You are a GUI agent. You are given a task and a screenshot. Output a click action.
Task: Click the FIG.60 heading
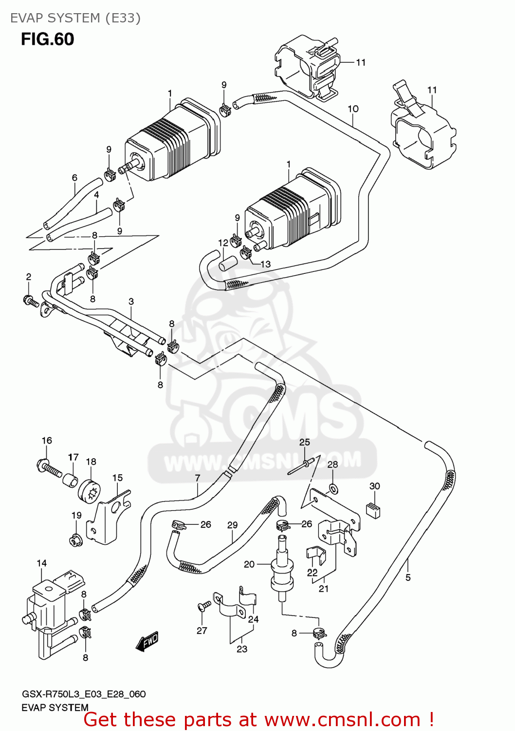(47, 39)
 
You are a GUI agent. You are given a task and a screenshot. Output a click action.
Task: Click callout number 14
(42, 563)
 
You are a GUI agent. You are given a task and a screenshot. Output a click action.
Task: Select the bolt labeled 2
(31, 301)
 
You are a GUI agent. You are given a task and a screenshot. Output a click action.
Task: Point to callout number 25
(304, 442)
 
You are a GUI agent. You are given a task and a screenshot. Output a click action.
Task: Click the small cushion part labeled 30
(373, 509)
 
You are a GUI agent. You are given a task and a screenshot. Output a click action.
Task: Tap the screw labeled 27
(205, 606)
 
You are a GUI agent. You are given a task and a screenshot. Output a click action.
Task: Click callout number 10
(353, 109)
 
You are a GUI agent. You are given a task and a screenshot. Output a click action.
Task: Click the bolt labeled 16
(49, 467)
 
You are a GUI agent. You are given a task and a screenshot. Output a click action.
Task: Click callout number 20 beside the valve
(249, 564)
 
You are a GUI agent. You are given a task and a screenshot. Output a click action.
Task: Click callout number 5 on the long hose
(408, 577)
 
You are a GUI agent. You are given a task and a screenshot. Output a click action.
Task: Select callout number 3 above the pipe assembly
(131, 302)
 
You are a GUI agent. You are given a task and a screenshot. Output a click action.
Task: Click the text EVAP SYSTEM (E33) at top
(75, 18)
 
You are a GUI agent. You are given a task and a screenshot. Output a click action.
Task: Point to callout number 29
(232, 525)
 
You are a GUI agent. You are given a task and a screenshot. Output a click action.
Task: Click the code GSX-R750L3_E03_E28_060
(84, 694)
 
